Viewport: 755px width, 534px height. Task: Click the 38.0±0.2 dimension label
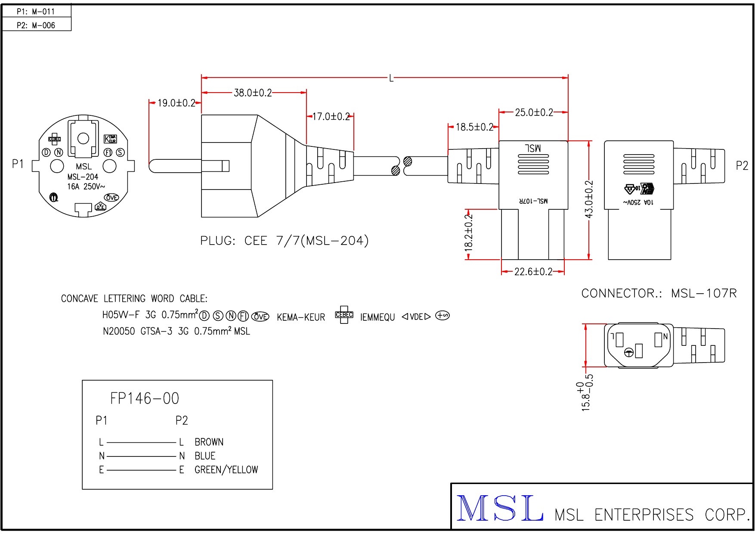253,93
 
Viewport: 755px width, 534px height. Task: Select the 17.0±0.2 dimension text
331,116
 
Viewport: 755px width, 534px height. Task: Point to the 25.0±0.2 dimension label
534,112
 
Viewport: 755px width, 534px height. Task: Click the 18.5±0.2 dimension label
474,127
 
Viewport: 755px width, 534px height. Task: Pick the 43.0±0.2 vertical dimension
589,199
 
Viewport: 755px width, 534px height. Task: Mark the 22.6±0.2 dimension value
533,272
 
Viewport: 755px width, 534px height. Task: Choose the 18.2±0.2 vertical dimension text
469,233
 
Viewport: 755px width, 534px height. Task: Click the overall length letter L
391,78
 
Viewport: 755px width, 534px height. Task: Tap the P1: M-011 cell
36,12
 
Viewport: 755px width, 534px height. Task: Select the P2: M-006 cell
36,25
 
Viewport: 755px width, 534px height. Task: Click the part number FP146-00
145,398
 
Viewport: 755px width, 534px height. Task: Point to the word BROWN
209,442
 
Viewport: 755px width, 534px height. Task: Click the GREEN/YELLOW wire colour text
226,469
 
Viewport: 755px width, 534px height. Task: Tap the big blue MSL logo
499,509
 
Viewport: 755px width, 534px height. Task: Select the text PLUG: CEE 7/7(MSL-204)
284,240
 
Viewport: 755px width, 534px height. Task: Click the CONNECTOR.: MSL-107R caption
659,293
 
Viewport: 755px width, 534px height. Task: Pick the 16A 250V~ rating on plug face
86,186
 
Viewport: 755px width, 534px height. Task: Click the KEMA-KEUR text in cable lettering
301,317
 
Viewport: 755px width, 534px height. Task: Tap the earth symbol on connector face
629,353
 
